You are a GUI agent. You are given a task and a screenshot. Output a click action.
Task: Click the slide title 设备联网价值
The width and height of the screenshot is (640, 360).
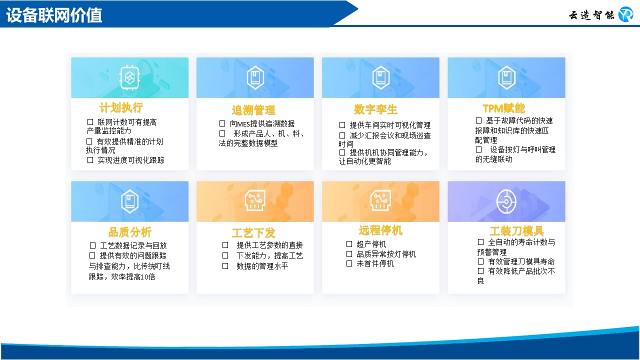[54, 15]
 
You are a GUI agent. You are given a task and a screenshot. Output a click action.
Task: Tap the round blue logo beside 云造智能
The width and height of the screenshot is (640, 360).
[625, 14]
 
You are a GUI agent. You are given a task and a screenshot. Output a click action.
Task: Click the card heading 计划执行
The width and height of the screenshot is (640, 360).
[121, 107]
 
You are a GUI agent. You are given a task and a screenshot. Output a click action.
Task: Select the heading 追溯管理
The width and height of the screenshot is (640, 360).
[253, 110]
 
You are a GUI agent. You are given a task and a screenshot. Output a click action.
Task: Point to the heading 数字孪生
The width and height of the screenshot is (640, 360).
[375, 109]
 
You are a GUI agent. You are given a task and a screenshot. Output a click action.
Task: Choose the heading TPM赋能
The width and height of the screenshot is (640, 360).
[503, 108]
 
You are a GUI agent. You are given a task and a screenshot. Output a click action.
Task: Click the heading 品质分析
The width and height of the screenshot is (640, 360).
[129, 232]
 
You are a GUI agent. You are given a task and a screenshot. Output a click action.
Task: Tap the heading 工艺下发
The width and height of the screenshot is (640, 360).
[253, 233]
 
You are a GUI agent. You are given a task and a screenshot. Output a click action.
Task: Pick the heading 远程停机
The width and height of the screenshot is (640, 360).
[380, 230]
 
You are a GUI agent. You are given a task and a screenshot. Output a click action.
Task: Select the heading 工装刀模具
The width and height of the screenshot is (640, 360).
[517, 231]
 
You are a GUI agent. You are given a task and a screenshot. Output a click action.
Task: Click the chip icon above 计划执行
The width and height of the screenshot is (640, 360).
[129, 77]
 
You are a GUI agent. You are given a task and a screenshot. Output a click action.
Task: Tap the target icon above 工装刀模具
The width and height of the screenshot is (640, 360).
[506, 202]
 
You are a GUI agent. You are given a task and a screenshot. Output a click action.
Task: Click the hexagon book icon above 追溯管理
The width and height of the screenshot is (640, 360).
[255, 77]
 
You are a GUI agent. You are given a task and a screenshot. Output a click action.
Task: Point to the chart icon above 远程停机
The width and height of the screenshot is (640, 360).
[380, 200]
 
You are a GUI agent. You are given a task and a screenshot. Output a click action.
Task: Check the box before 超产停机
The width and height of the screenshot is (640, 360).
[349, 244]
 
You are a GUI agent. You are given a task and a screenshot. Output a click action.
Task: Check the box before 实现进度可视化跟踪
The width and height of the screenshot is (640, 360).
[90, 160]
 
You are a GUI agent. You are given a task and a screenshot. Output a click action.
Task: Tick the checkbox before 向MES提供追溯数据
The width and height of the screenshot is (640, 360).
[222, 123]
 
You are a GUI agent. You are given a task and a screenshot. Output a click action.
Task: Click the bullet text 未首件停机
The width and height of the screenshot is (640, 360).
[375, 263]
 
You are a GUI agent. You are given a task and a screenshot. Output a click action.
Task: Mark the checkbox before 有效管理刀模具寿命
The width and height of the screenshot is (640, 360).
[481, 261]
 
